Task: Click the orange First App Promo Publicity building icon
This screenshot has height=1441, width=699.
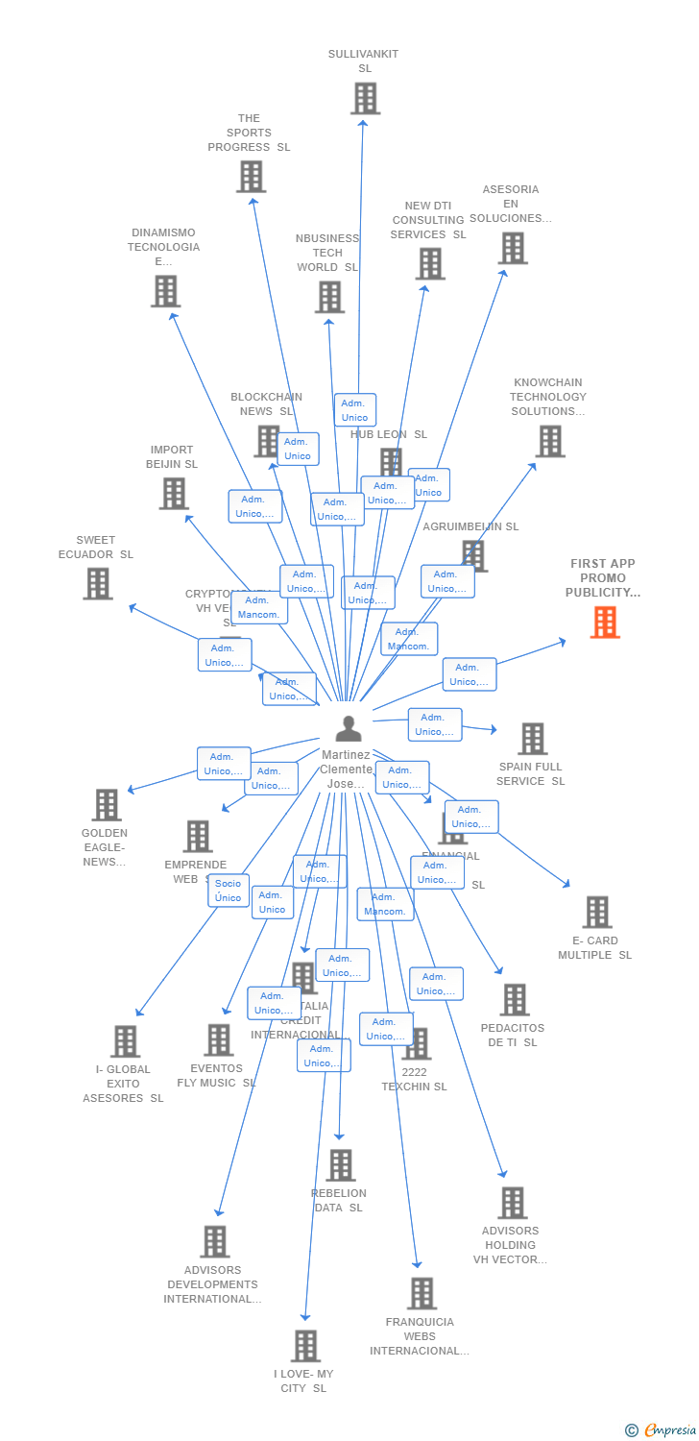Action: [605, 623]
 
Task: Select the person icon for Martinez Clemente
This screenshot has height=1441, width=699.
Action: [349, 728]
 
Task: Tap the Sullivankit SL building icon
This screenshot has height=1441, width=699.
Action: [365, 98]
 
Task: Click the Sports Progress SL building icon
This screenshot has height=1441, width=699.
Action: [251, 177]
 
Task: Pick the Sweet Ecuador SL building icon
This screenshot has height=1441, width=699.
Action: [97, 583]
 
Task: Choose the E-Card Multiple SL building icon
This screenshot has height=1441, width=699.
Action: [596, 912]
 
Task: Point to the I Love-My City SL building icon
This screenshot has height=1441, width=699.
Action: [305, 1346]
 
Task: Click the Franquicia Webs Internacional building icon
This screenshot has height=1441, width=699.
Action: [422, 1293]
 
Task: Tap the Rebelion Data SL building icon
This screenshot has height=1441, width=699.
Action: [340, 1165]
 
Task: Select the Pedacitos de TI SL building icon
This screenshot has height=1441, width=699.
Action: [514, 999]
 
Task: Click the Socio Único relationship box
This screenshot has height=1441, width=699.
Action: [229, 891]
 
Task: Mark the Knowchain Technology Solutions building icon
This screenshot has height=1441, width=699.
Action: [549, 441]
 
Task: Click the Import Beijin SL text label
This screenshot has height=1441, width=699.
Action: [172, 457]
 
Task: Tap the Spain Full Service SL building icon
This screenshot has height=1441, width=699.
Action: [532, 739]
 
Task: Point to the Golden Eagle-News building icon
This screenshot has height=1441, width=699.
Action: [106, 805]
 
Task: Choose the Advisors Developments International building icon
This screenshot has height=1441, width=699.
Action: [214, 1241]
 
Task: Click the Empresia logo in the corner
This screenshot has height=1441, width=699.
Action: [662, 1430]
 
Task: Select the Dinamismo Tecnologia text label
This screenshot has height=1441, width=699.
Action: [163, 247]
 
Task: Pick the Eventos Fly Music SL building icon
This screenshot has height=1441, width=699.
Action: [218, 1039]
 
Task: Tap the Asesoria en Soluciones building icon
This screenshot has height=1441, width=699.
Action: [512, 248]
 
